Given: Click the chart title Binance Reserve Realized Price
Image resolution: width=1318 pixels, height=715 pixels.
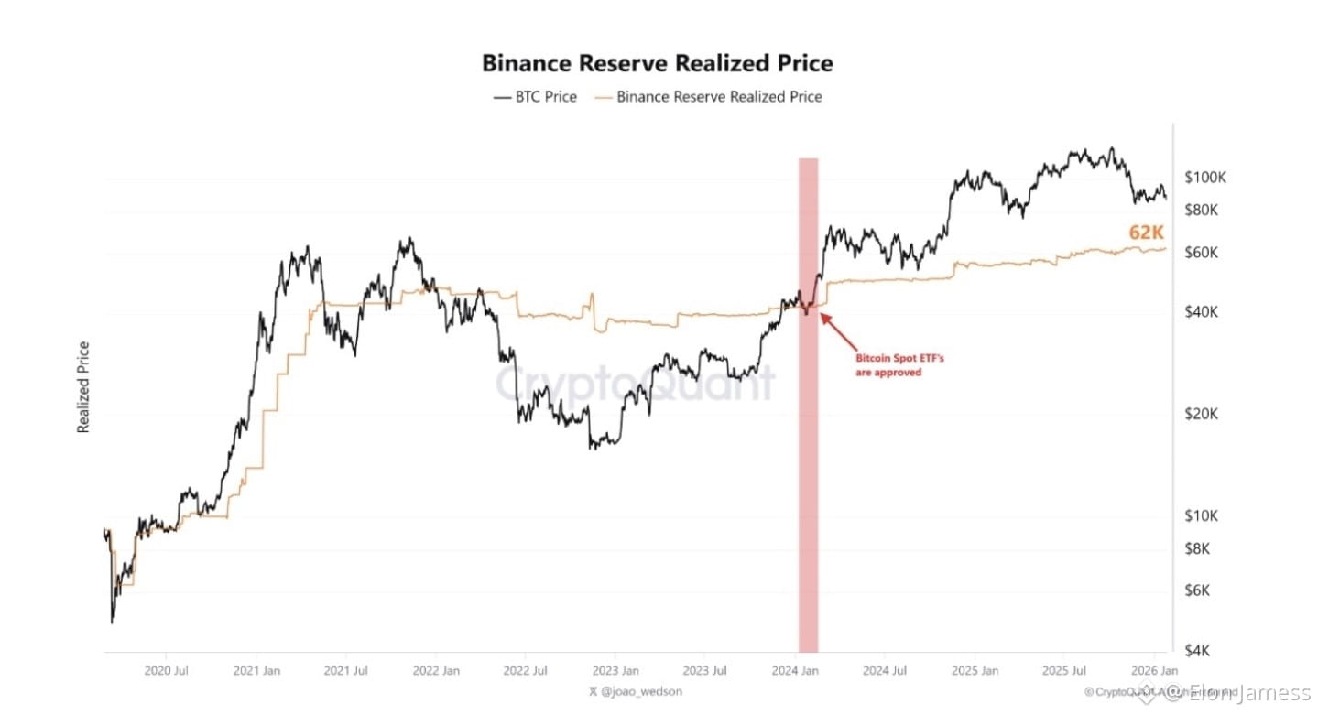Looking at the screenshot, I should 658,63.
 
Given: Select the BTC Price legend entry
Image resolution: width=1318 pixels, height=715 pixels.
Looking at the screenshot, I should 536,96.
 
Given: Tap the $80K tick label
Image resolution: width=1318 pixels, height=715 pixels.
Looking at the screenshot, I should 1201,210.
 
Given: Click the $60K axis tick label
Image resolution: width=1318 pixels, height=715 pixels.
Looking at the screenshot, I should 1201,252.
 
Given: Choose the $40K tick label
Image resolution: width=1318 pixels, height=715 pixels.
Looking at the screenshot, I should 1201,312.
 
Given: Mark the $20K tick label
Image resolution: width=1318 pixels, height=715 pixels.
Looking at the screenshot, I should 1201,414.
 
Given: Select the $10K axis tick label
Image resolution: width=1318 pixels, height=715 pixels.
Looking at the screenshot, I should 1201,515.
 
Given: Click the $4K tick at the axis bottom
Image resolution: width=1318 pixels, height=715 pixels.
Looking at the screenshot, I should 1197,651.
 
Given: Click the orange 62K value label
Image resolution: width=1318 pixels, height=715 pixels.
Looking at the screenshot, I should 1146,233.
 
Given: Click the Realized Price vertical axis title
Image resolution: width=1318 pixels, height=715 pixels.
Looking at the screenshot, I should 84,386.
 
